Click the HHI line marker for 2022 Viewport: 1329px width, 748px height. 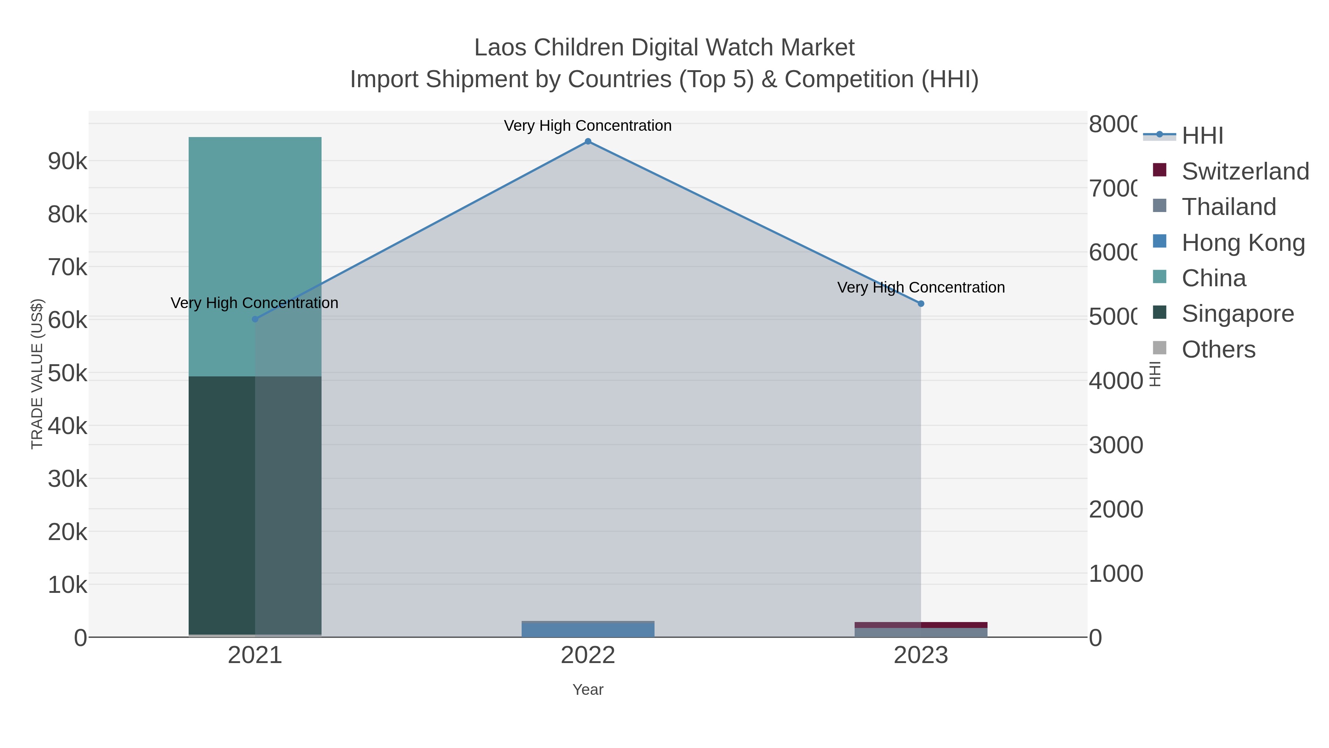click(x=588, y=141)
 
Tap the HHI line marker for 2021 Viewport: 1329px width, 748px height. click(x=255, y=319)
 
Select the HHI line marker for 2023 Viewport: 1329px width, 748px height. click(x=921, y=304)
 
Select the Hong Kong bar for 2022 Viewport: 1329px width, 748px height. click(x=588, y=630)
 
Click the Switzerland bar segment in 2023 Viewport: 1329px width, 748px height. click(x=921, y=625)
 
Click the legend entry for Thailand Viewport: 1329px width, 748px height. click(x=1228, y=206)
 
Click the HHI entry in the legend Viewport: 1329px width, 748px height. click(x=1202, y=135)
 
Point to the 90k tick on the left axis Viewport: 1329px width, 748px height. click(x=68, y=161)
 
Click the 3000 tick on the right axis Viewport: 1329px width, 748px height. click(x=1115, y=445)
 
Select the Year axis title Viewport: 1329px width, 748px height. click(x=588, y=690)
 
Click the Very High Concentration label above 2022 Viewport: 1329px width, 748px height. click(x=588, y=126)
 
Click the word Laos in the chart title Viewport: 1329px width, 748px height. click(x=501, y=48)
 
